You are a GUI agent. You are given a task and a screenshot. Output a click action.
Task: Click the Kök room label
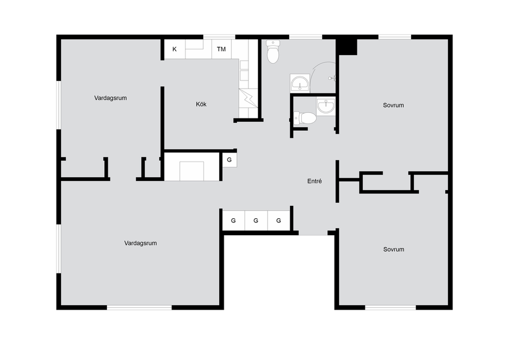click(201, 104)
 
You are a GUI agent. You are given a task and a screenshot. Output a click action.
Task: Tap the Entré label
click(314, 181)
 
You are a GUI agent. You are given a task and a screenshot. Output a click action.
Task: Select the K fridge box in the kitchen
click(174, 49)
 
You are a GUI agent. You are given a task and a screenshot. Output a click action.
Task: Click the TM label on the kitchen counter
click(221, 49)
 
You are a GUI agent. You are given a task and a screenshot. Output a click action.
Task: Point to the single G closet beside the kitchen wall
click(229, 160)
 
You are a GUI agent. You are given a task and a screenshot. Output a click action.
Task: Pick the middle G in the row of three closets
click(256, 220)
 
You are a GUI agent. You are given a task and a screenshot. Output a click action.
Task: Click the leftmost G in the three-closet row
click(233, 220)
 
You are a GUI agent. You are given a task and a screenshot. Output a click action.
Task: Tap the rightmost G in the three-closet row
click(279, 220)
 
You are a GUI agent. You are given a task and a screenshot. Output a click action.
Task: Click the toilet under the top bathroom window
click(273, 52)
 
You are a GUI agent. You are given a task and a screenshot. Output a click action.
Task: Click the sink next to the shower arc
click(300, 83)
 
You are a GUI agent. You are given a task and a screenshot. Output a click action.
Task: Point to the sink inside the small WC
click(326, 106)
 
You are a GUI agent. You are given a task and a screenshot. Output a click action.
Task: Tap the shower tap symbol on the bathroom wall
click(332, 78)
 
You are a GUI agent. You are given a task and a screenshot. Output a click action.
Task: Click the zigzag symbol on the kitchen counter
click(248, 98)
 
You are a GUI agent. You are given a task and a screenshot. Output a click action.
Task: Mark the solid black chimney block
click(347, 47)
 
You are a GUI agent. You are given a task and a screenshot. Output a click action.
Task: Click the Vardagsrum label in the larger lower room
click(140, 243)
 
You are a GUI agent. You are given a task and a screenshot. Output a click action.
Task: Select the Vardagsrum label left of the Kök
click(110, 98)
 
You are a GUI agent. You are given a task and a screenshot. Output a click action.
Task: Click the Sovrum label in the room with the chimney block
click(393, 105)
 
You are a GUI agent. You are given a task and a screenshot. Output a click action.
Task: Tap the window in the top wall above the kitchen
click(219, 37)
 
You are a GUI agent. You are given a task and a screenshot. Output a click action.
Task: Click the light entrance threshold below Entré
click(313, 233)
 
